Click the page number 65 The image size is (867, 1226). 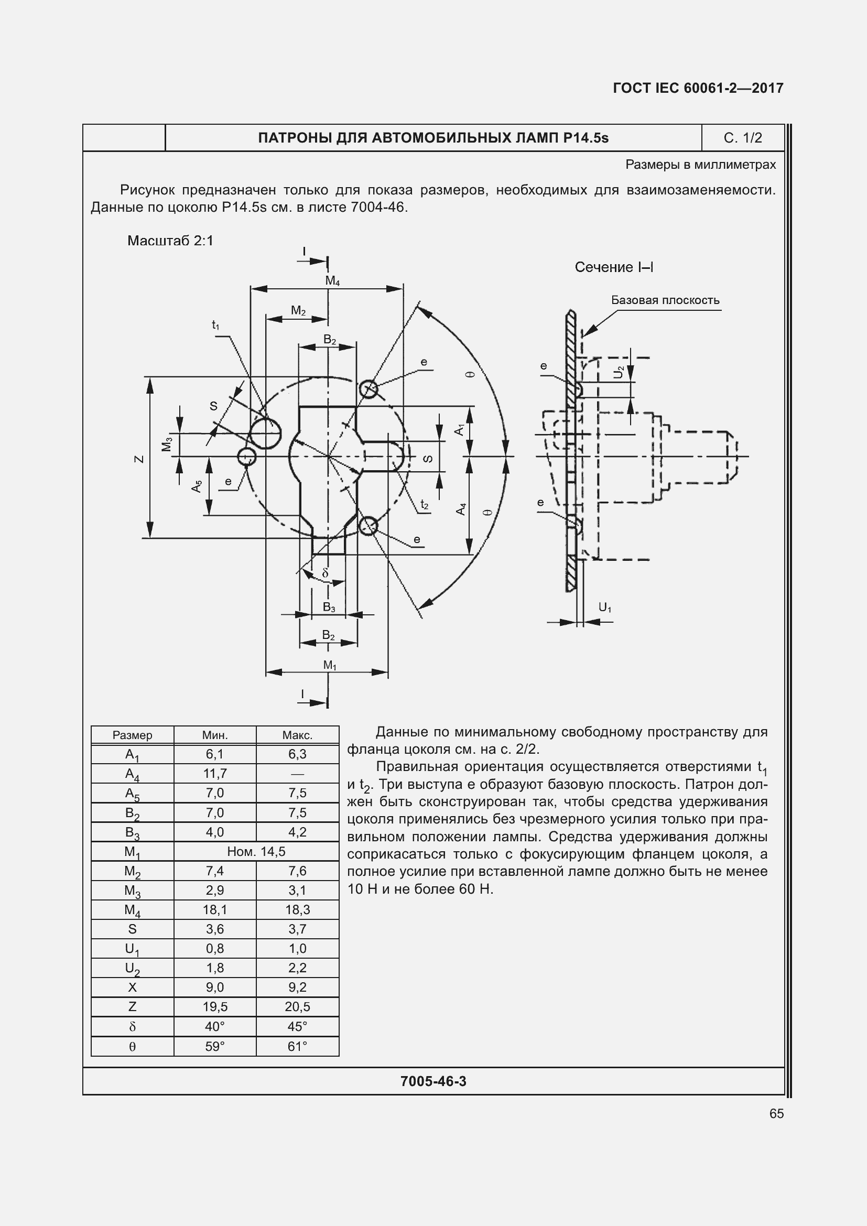pos(776,1113)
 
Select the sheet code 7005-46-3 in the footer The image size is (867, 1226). pos(433,1081)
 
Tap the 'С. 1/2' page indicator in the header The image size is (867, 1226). pos(743,138)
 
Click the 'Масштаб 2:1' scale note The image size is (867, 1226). pos(170,241)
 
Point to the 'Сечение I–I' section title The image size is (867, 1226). pos(614,267)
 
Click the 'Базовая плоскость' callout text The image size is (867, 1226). pos(665,300)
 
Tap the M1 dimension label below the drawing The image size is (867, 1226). pos(330,665)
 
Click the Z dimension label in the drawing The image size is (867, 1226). pos(139,459)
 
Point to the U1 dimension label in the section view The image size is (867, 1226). pos(605,607)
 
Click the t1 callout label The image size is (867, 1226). pos(215,324)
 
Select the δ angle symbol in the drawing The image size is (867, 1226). pos(325,573)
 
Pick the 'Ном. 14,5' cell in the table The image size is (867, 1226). pos(256,851)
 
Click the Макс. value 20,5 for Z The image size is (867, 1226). pos(297,1006)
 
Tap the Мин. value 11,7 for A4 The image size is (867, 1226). pos(215,773)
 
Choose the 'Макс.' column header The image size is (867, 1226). pos(297,735)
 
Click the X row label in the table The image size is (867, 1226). pos(133,987)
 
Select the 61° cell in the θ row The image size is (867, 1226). pos(297,1046)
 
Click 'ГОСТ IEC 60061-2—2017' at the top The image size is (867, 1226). pos(698,88)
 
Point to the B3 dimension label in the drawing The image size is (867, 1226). pos(329,607)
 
